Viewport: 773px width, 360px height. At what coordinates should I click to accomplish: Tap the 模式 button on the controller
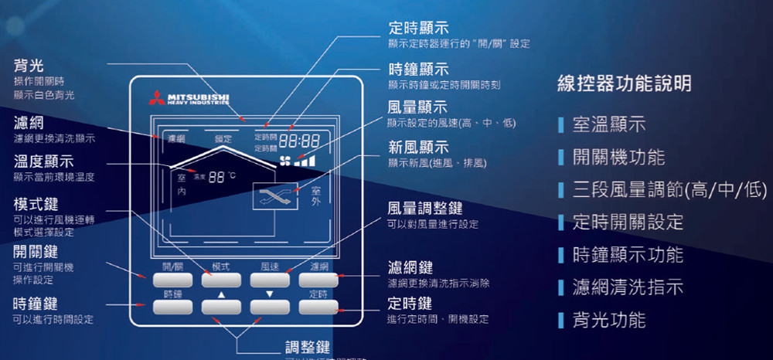coord(221,279)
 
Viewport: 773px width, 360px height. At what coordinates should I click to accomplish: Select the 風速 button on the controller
coord(270,279)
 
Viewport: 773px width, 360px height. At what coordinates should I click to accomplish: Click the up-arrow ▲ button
coord(221,307)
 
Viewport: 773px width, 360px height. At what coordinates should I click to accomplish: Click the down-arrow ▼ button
coord(270,307)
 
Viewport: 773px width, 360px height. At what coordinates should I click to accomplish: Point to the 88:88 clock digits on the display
coord(299,142)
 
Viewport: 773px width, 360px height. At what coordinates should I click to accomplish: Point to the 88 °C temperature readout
coord(217,177)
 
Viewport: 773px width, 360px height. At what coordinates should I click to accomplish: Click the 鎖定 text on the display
coord(223,139)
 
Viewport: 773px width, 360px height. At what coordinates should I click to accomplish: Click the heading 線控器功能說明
coord(624,83)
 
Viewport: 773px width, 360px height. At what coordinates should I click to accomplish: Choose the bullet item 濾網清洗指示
coord(628,287)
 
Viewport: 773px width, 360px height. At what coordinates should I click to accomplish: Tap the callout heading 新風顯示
coord(417,147)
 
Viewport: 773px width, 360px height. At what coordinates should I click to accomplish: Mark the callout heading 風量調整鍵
coord(424,208)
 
